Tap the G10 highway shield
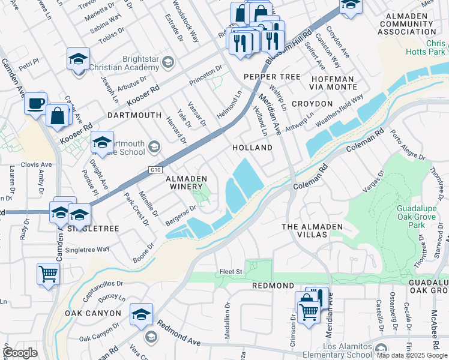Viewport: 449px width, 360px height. click(156, 170)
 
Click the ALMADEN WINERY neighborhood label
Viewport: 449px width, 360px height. click(186, 183)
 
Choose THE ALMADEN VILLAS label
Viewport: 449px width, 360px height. click(312, 230)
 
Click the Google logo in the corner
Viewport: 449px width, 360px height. click(20, 353)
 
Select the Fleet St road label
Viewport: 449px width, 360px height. click(231, 271)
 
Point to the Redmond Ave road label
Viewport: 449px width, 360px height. click(179, 332)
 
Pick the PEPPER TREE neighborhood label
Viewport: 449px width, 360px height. click(271, 77)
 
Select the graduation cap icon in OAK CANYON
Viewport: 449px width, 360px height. click(141, 314)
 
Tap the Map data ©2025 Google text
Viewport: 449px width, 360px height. click(412, 355)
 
